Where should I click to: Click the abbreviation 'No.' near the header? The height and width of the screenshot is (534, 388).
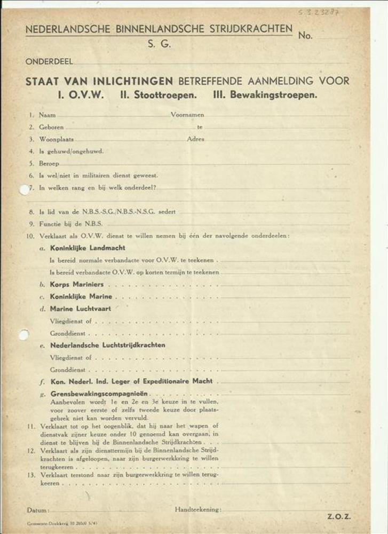(x=306, y=36)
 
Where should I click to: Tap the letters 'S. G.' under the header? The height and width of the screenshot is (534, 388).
(x=159, y=45)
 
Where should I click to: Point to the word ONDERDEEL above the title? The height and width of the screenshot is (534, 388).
(x=49, y=62)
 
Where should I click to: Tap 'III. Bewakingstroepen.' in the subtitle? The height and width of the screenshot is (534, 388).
(x=265, y=96)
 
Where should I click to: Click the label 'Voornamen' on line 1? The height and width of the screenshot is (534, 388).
(x=187, y=115)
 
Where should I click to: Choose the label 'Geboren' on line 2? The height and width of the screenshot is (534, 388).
(x=51, y=128)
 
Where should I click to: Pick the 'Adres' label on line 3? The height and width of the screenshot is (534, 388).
(x=195, y=139)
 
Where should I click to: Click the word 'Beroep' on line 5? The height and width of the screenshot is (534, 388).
(x=49, y=163)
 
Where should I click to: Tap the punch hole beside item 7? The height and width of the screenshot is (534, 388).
(x=25, y=189)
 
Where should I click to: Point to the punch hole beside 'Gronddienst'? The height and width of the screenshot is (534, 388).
(x=24, y=335)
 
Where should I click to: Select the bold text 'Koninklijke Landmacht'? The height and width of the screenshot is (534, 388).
(x=88, y=248)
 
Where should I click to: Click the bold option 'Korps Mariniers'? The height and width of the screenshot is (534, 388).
(x=77, y=285)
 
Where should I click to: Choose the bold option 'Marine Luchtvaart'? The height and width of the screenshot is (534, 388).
(x=81, y=309)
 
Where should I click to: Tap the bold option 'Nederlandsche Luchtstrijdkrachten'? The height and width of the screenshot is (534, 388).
(x=107, y=345)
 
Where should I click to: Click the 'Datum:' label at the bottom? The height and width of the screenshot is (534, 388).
(x=38, y=510)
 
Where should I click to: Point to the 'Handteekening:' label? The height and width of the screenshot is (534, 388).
(x=198, y=510)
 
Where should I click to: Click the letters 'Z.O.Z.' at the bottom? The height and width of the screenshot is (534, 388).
(x=339, y=516)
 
